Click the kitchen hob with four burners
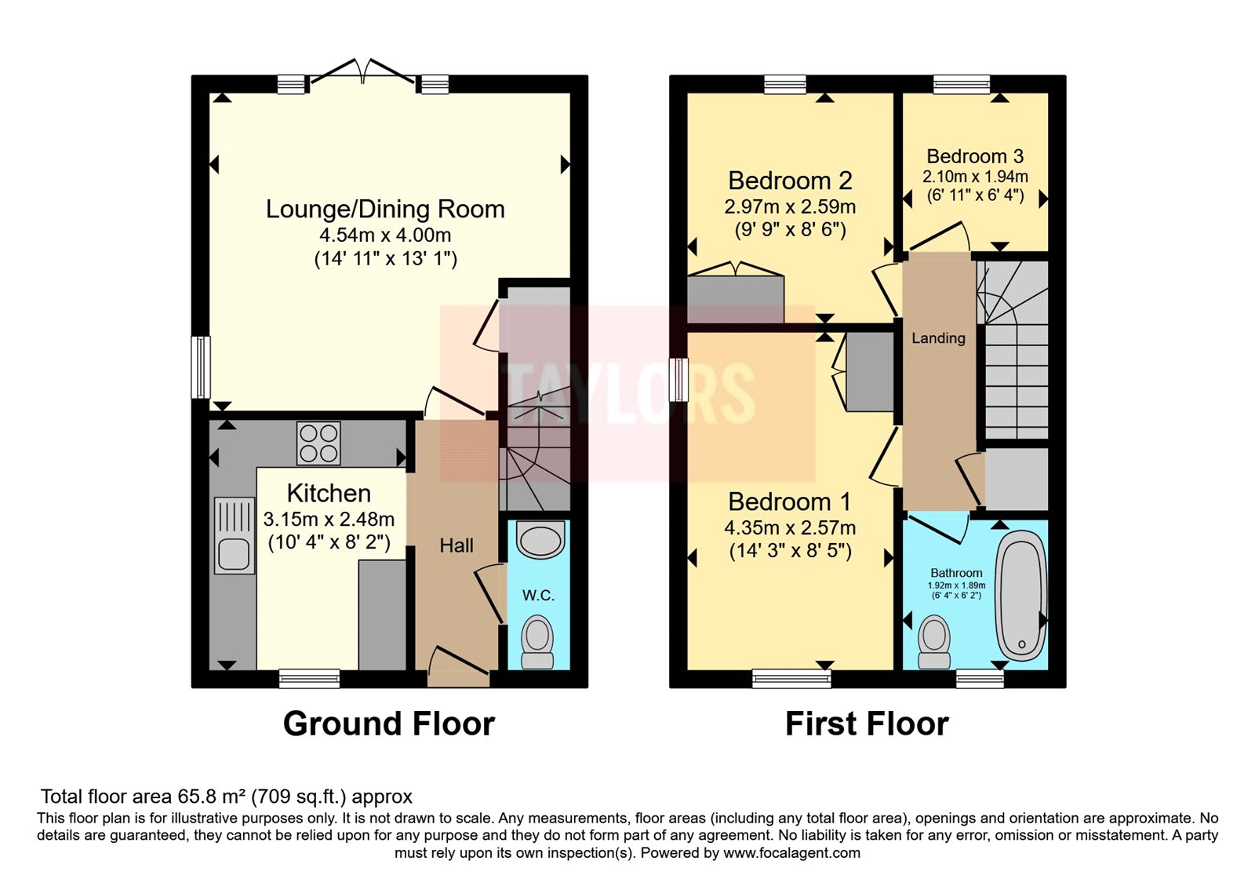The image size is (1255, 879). (x=319, y=443)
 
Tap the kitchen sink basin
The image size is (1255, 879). (x=234, y=554)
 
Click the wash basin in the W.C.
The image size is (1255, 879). (x=540, y=541)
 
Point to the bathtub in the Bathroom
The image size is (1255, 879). (x=1021, y=595)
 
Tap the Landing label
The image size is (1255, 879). (x=938, y=338)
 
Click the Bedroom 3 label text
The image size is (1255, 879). (x=975, y=156)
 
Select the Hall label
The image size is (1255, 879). (x=457, y=545)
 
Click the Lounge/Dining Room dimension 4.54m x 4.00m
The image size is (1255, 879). (x=385, y=235)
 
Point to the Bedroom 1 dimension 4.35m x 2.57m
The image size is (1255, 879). (x=790, y=528)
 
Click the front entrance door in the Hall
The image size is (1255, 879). (x=459, y=665)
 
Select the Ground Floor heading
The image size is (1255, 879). (x=389, y=724)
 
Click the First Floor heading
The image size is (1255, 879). (x=867, y=724)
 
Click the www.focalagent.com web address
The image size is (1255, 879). (x=791, y=853)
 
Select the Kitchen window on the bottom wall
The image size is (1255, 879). (x=310, y=678)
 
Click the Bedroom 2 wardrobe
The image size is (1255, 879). (x=736, y=298)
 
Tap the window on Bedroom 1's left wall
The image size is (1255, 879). (x=678, y=380)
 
